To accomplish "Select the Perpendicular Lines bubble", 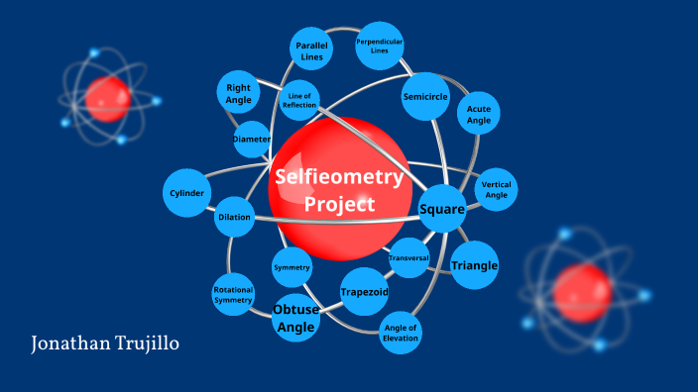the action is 379,47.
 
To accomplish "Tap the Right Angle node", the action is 238,94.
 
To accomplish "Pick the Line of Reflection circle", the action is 298,100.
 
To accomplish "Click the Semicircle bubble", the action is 426,97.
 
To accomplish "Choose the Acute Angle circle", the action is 479,115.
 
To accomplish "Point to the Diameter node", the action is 252,140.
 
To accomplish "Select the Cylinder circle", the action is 187,192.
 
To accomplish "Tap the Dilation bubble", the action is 234,217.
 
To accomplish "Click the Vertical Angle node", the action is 496,189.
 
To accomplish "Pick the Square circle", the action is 441,209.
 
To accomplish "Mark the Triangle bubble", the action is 474,265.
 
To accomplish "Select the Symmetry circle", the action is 291,268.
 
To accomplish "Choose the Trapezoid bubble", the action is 364,292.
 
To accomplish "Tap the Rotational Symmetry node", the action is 233,294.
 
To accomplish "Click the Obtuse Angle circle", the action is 295,318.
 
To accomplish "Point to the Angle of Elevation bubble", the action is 401,333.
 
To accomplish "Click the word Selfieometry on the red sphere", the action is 339,178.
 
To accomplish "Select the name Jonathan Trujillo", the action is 105,344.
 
